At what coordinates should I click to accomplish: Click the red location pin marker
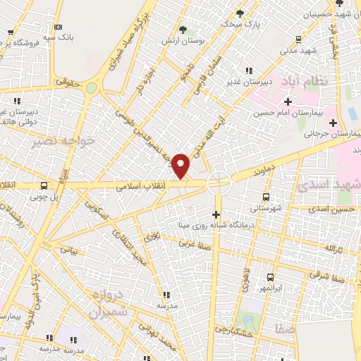tap(181, 166)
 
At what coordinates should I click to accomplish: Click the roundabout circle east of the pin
tap(219, 183)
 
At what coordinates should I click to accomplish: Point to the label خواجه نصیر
tap(63, 142)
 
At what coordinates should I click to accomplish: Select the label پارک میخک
tap(240, 24)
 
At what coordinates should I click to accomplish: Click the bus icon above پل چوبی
tap(44, 186)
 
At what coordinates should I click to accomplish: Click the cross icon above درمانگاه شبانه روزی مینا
tap(216, 214)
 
